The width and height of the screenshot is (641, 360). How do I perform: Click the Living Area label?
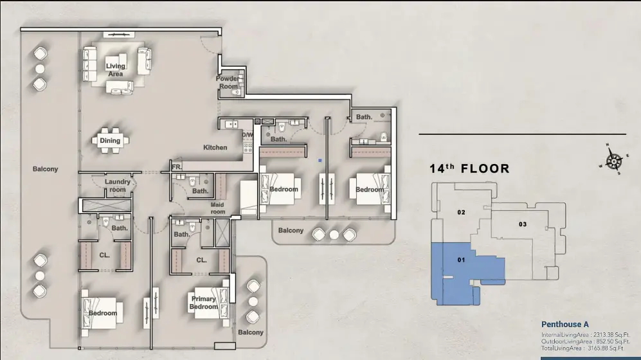point(115,70)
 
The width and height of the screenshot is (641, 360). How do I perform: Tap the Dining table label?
point(110,141)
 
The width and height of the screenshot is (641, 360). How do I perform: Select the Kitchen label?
point(215,147)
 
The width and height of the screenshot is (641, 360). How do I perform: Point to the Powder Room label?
point(228,82)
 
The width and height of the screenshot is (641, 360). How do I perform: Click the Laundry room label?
point(117,186)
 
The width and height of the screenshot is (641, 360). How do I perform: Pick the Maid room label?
point(217,208)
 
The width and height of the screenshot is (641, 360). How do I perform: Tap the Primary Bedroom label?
point(204,303)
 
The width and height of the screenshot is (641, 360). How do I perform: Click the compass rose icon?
point(613,160)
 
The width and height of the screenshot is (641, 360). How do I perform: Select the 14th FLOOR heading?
point(469,168)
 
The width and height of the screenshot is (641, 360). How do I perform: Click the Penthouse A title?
point(565,325)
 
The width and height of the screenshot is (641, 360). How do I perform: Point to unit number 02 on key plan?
point(461,212)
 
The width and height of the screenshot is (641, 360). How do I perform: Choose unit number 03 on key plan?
point(523,224)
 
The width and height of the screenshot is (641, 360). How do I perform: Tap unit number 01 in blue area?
point(461,260)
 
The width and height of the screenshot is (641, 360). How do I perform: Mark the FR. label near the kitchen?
point(177,167)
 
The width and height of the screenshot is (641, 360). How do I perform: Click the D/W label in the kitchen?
point(248,135)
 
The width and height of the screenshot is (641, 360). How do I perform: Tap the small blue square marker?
point(320,161)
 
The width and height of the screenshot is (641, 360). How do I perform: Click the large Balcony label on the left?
point(46,169)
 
